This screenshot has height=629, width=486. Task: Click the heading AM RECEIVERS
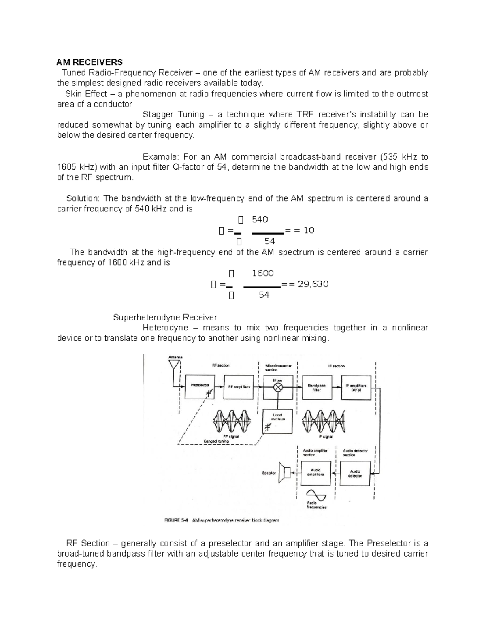click(90, 62)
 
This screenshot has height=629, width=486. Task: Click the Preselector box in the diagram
click(200, 386)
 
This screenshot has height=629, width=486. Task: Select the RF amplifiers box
click(239, 387)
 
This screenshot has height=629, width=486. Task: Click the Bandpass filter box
click(316, 388)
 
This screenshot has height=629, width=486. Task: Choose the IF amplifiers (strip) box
click(356, 388)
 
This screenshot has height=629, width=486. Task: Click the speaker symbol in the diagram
click(285, 473)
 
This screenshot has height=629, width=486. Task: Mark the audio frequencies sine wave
click(316, 495)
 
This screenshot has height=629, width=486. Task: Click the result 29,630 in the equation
click(313, 284)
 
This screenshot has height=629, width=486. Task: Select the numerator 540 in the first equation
click(260, 220)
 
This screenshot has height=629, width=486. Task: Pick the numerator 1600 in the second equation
click(262, 273)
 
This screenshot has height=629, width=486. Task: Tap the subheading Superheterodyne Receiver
click(165, 317)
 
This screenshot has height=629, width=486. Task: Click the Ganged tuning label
click(217, 441)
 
